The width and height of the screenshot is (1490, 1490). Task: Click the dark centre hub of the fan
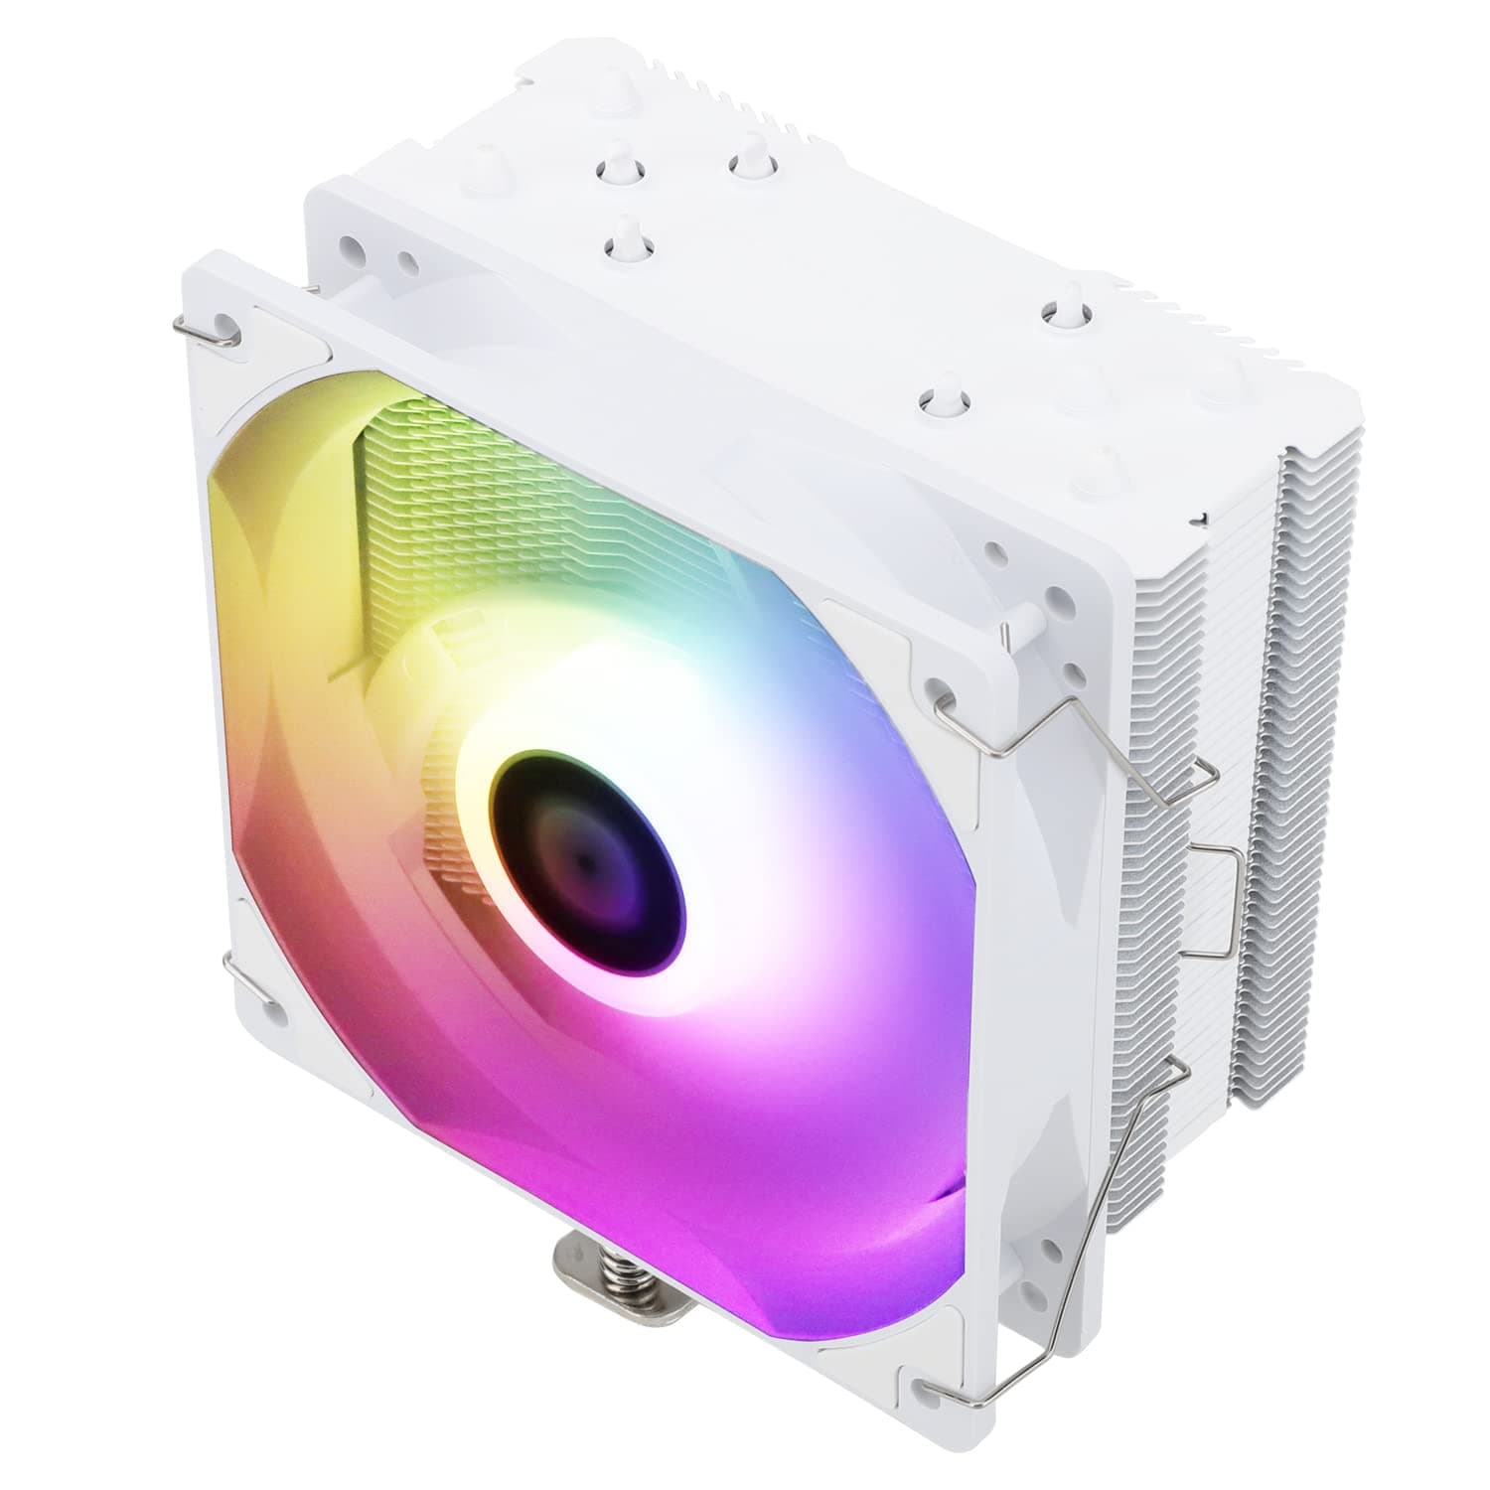pyautogui.click(x=588, y=856)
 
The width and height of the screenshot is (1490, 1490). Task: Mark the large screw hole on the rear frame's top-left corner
pyautogui.click(x=349, y=244)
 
